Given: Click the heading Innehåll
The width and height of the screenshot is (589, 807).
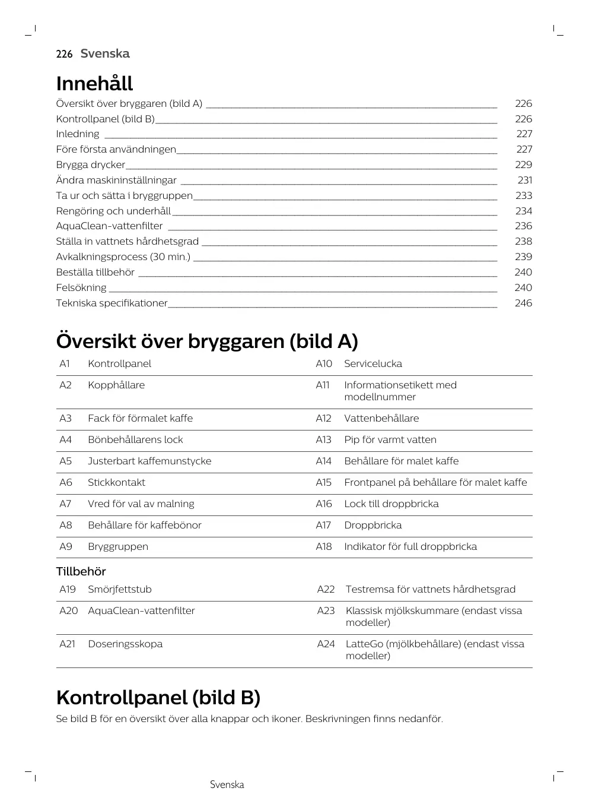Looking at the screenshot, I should [94, 84].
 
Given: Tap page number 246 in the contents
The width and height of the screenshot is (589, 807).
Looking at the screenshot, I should [523, 303].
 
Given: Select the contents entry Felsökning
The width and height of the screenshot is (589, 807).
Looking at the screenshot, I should [81, 287].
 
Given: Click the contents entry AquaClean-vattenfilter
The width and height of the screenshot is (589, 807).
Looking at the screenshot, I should [109, 226].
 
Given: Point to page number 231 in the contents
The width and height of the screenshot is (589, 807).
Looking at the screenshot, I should [524, 180].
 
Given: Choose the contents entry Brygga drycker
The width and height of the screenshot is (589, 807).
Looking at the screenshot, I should [91, 164].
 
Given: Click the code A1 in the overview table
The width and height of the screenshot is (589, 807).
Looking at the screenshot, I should [65, 363].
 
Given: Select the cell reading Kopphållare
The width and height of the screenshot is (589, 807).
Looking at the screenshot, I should [116, 385].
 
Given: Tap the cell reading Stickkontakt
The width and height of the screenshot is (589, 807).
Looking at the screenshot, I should [116, 482].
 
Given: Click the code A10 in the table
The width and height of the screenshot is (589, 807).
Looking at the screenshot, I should [324, 363].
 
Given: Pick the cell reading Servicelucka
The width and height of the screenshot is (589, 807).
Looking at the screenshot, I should [373, 363].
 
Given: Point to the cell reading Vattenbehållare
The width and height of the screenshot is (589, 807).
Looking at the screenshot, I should [381, 418].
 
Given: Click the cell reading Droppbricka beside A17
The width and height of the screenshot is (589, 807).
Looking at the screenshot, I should [373, 525].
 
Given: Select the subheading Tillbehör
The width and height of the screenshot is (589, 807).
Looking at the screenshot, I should [81, 571].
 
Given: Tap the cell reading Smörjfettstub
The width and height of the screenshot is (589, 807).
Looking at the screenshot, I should [120, 589].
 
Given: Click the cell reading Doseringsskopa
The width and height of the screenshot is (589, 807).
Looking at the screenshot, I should [125, 644].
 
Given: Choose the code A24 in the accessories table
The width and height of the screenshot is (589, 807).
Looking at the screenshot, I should [326, 644].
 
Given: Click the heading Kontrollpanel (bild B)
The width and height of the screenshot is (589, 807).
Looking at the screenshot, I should [158, 697].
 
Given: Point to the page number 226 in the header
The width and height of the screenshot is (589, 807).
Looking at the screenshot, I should [64, 54].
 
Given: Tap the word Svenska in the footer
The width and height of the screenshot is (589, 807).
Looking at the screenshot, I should [227, 784].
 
